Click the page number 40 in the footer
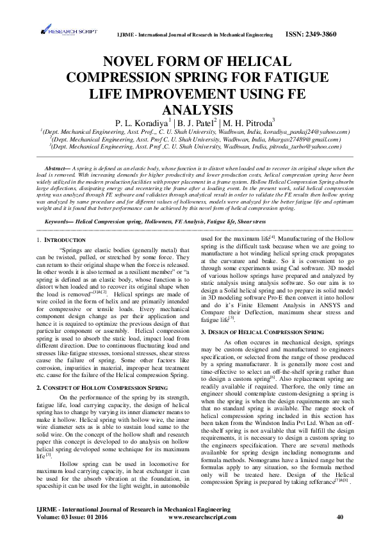(x=339, y=516)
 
